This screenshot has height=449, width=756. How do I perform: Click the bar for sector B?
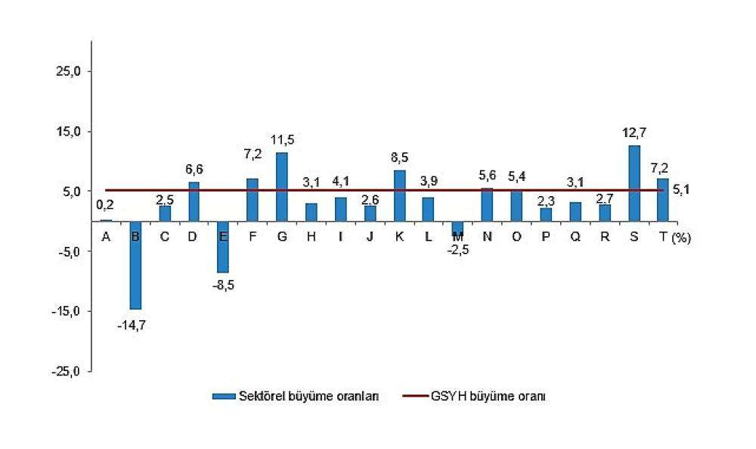tap(135, 265)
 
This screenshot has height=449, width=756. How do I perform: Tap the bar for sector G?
tap(282, 187)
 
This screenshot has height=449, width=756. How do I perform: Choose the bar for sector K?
tap(400, 195)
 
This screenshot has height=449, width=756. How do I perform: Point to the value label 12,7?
tap(634, 133)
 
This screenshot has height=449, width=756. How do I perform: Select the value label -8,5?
tap(222, 285)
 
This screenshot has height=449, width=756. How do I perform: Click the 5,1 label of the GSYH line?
tap(681, 190)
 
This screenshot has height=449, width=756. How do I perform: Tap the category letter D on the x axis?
tap(194, 236)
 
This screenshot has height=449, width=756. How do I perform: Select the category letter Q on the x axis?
tap(575, 236)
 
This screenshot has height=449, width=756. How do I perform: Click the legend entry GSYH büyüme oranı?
tap(482, 396)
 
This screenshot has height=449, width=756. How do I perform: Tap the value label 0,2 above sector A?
tap(105, 205)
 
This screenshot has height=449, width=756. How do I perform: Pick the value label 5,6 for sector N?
tap(488, 176)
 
